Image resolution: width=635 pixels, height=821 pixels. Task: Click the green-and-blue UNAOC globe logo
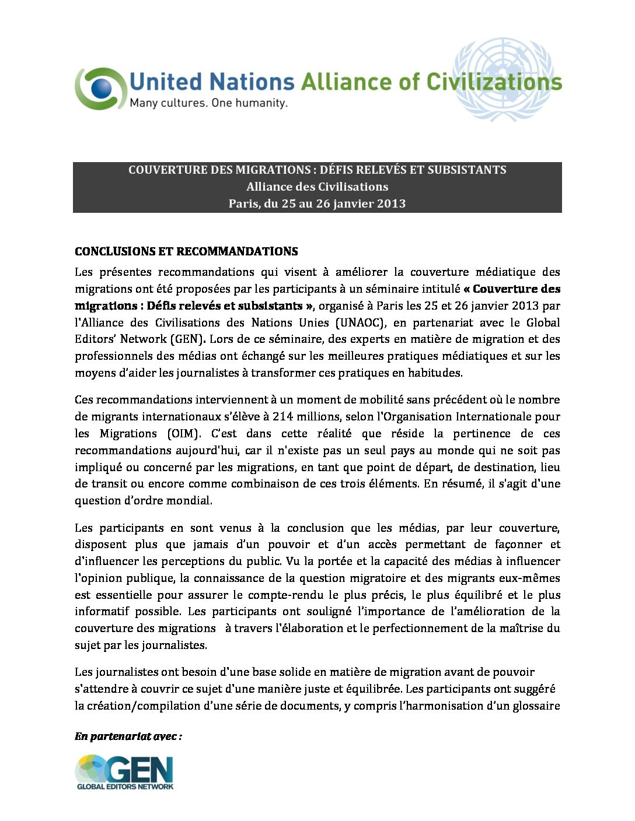tap(100, 89)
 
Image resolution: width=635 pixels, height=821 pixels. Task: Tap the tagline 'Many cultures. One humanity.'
tap(208, 103)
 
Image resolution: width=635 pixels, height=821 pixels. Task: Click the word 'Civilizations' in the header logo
tap(494, 82)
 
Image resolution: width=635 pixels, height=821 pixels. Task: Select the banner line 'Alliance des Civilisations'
tap(317, 187)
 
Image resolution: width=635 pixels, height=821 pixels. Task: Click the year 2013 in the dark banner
tap(392, 204)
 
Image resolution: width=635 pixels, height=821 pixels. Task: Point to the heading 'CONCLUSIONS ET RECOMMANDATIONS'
tap(186, 251)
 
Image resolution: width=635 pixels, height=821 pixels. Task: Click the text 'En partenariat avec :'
tap(128, 736)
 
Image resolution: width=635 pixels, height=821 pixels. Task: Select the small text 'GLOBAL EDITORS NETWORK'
tap(125, 786)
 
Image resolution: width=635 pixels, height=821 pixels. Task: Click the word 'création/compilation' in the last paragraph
tap(137, 706)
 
